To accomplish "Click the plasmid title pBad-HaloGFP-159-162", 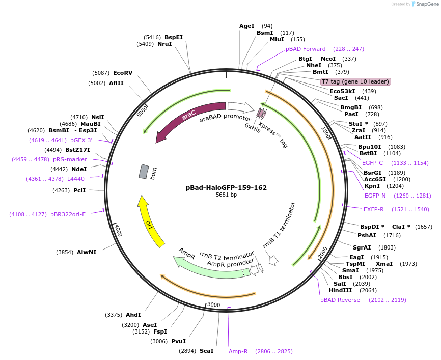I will (226, 187).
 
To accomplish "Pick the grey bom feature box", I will (144, 172).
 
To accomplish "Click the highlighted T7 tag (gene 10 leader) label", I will (355, 81).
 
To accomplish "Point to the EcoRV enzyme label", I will (123, 73).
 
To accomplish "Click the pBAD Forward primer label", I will (306, 49).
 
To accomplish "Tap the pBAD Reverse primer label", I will (340, 300).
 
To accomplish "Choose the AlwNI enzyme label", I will (87, 252).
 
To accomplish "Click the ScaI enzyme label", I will (206, 351).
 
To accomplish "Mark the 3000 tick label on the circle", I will (213, 304).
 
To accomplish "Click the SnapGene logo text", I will (427, 4).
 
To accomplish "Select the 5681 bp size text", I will (226, 195).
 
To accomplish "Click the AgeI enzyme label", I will (246, 26).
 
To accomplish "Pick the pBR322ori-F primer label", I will (68, 214).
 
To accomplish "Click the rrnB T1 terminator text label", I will (279, 225).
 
